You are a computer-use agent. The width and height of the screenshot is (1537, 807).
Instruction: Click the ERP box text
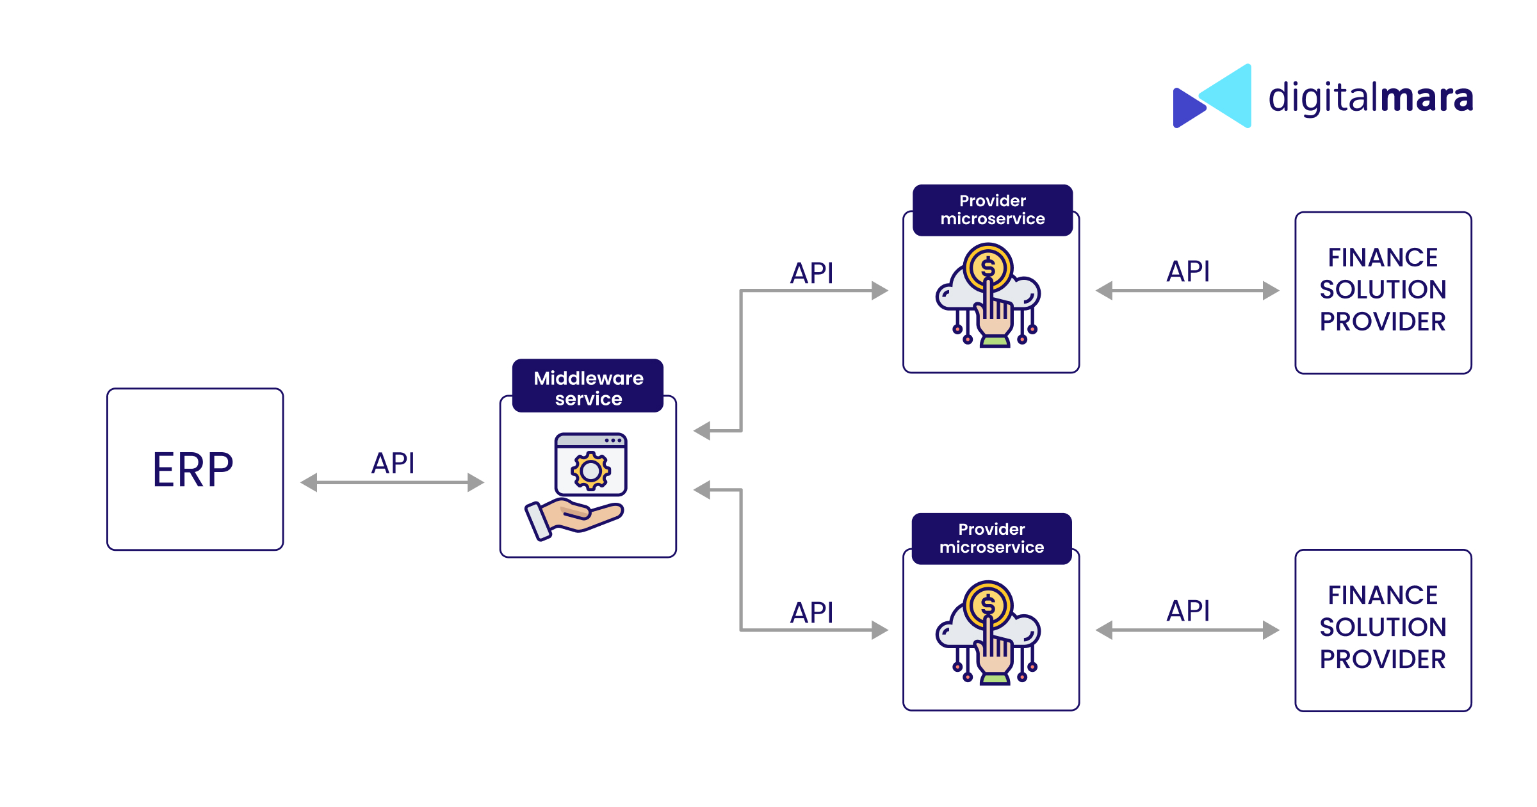tap(193, 469)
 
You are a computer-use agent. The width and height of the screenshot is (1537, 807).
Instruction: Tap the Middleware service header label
tap(588, 387)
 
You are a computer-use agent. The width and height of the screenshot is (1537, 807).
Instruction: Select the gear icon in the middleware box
tap(590, 471)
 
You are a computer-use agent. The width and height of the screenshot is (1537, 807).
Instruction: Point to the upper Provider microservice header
tap(992, 210)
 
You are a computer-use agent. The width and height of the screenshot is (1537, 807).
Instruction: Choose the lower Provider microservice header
tap(991, 538)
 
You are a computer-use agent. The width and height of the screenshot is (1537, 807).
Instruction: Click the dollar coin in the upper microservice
tap(988, 266)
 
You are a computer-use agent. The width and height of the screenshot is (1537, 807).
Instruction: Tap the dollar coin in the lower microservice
tap(988, 604)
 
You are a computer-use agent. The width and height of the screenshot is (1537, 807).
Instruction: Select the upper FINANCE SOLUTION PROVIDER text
tap(1383, 289)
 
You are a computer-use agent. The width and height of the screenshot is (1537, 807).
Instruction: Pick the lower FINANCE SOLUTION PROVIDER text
tap(1383, 627)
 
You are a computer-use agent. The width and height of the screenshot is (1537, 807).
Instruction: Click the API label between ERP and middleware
tap(393, 463)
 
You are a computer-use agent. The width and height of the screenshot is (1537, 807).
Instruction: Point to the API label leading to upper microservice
tap(811, 273)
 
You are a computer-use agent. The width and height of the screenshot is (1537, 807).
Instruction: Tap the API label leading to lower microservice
tap(811, 613)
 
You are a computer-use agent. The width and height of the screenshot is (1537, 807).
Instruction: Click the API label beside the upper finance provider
tap(1188, 272)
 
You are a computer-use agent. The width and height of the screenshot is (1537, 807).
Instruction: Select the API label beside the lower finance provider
tap(1188, 611)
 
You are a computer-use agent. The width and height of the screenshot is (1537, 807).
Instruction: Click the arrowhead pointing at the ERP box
tap(309, 482)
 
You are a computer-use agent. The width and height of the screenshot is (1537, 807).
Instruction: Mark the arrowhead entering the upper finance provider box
tap(1271, 291)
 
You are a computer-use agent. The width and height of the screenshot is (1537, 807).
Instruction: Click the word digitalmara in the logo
tap(1370, 98)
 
